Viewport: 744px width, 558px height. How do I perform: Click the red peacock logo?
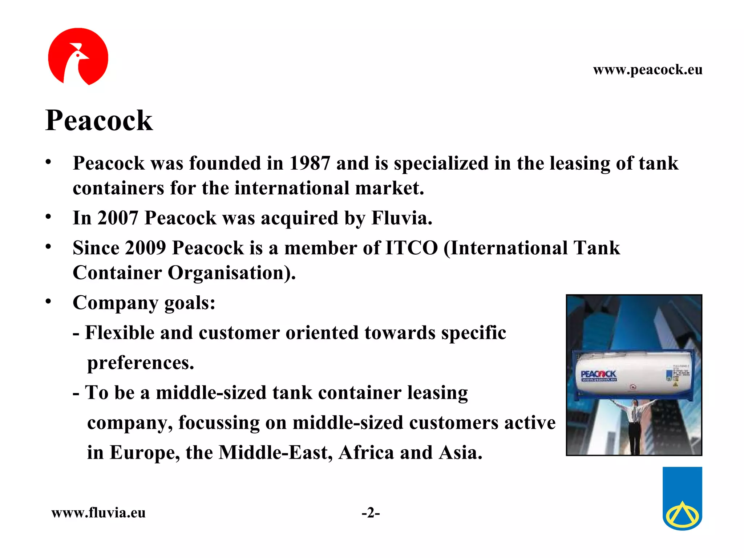click(x=78, y=57)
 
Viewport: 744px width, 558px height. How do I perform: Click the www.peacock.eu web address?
click(x=647, y=69)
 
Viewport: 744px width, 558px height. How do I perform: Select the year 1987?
click(x=310, y=163)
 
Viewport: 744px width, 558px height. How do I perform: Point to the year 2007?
click(x=118, y=218)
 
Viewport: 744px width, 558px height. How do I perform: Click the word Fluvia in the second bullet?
click(x=401, y=218)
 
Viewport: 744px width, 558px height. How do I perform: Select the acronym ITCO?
click(x=411, y=248)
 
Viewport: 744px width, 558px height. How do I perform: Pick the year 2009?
click(x=145, y=248)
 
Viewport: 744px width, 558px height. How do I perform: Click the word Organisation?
click(x=231, y=273)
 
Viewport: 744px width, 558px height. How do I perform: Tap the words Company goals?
click(x=144, y=303)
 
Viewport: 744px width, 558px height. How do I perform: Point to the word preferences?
click(x=141, y=363)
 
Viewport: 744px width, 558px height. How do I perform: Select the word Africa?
click(x=366, y=453)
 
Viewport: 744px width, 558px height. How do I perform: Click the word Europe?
click(x=145, y=453)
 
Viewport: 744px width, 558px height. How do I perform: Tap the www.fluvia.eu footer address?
click(x=98, y=513)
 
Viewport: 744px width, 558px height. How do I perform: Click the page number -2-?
click(x=371, y=513)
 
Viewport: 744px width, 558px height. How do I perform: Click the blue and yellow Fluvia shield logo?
click(x=682, y=498)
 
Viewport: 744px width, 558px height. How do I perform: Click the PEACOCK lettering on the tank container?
click(x=598, y=374)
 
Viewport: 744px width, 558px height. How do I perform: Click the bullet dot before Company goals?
click(x=48, y=302)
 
